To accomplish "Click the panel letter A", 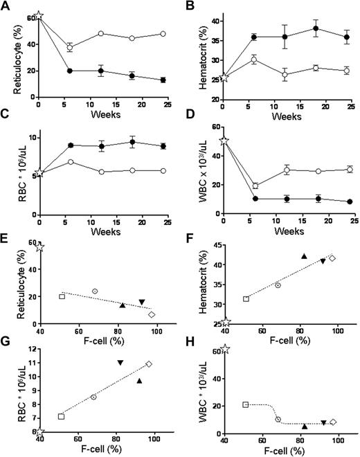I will pos(6,6).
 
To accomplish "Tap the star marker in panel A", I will pos(39,15).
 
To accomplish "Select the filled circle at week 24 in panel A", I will pos(163,80).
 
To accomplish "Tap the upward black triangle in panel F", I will pos(303,256).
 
